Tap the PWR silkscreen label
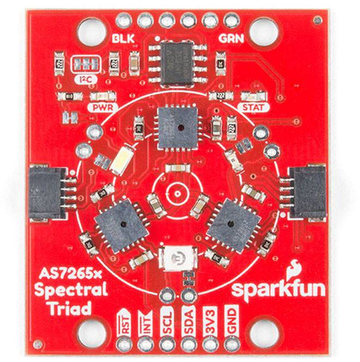click(103, 107)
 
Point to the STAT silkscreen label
click(254, 107)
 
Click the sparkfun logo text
click(278, 289)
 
